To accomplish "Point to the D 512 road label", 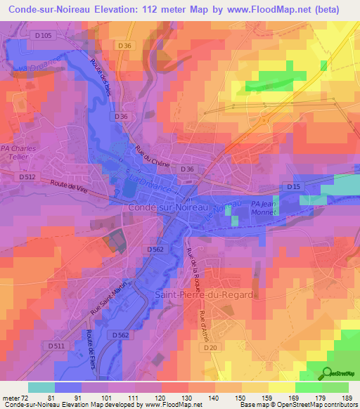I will coord(27,176).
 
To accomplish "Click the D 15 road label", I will coord(293,186).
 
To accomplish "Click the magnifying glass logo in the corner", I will coord(328,373).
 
